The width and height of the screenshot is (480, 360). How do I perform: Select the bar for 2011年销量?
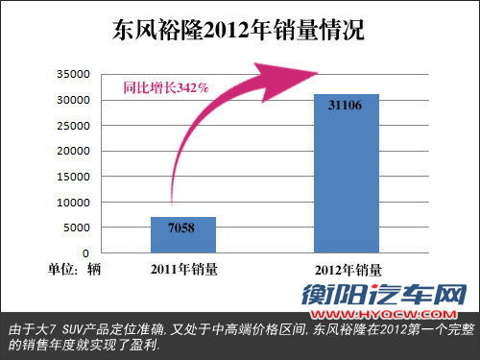pos(182,234)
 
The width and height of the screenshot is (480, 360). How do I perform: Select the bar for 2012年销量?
pos(346,173)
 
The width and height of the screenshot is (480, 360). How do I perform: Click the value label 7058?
pos(182,228)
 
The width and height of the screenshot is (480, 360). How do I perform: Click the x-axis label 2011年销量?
pos(182,269)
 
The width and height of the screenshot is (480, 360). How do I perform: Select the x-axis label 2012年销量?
pos(346,269)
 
